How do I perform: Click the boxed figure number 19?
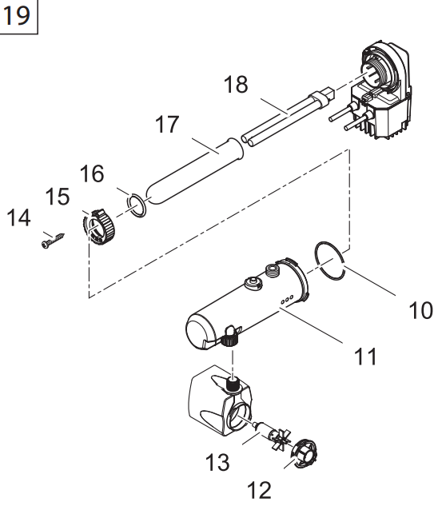point(17,15)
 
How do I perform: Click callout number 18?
point(236,84)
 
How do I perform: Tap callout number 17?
point(167,124)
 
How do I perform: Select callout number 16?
point(92,173)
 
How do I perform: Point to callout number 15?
point(58,197)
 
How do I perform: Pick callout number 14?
point(19,217)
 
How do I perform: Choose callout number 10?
point(421,310)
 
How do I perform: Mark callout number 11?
point(365,357)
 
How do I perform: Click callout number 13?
point(217,462)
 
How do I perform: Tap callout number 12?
point(259,490)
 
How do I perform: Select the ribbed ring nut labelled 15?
point(98,227)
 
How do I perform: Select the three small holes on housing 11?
point(287,300)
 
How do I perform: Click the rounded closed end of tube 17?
point(153,196)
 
